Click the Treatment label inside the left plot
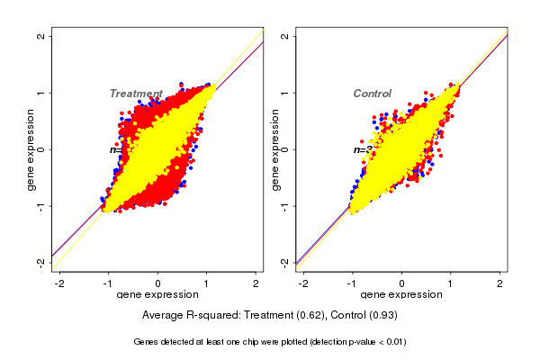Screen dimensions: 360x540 136,94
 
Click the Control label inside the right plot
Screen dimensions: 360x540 372,94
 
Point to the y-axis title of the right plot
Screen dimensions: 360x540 275,149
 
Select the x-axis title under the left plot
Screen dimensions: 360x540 157,295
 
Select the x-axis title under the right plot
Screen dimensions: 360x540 400,295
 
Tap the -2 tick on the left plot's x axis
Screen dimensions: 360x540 59,283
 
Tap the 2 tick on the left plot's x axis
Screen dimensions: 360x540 256,283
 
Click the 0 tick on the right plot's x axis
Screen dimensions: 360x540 401,283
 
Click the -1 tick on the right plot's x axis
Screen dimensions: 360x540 351,283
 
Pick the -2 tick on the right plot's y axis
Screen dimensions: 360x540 285,262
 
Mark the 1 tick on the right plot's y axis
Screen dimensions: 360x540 285,93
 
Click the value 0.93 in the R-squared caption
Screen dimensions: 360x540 381,315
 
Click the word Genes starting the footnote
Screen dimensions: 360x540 148,342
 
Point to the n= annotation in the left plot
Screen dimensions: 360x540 115,149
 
